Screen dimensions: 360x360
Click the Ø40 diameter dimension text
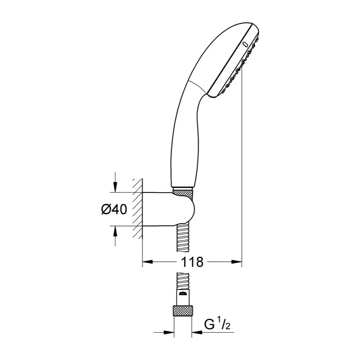[114, 209]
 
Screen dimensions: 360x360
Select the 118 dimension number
[192, 262]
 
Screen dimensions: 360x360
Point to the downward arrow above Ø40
[115, 184]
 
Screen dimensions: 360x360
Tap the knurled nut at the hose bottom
[183, 310]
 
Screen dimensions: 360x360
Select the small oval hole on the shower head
[245, 45]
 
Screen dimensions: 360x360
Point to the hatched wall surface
[137, 209]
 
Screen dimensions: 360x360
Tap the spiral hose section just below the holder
[183, 238]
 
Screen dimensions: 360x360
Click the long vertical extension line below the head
[242, 162]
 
